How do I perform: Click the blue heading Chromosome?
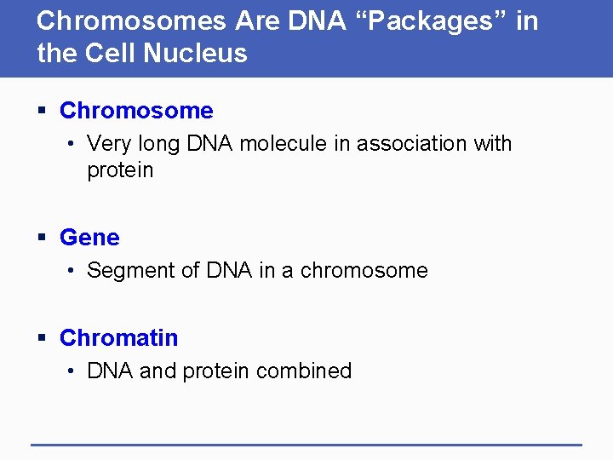click(x=136, y=111)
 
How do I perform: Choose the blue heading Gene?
click(x=89, y=238)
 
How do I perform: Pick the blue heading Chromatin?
click(x=118, y=338)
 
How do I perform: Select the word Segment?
click(x=129, y=271)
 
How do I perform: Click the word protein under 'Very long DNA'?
click(x=120, y=170)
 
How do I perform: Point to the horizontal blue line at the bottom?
click(x=306, y=444)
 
